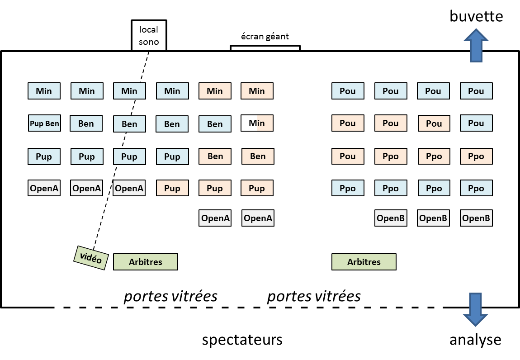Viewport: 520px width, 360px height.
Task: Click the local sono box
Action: point(149,35)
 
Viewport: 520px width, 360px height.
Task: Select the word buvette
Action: point(476,17)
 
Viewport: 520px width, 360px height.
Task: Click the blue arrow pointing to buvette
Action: point(476,45)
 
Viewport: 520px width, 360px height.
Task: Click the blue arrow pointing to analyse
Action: point(476,310)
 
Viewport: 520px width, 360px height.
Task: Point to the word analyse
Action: point(475,340)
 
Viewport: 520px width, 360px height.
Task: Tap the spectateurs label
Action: point(242,340)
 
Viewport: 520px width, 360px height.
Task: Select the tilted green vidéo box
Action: point(91,258)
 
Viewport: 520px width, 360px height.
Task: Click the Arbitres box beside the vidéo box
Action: point(145,262)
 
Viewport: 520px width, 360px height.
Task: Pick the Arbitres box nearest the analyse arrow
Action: point(364,262)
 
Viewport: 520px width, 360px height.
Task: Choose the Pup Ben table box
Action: point(44,123)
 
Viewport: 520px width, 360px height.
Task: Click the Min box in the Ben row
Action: point(257,123)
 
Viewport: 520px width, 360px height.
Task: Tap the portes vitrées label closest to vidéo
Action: point(170,296)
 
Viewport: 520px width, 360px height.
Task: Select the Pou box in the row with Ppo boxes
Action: point(348,156)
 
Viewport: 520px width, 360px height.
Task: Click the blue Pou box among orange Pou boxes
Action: point(476,123)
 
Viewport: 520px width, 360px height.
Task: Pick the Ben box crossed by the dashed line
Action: point(129,124)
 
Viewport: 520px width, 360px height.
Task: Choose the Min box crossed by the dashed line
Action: point(129,91)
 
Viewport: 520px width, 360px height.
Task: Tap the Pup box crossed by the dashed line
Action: point(129,156)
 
